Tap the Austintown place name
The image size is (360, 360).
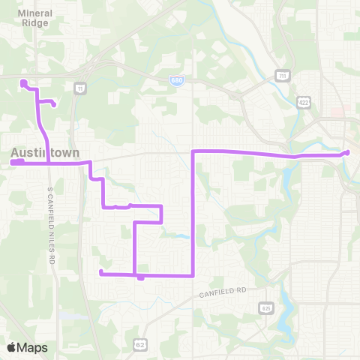45,152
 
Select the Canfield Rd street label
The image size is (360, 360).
223,291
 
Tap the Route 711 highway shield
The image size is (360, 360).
281,76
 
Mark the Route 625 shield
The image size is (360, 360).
265,307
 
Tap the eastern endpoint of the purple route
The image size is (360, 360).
347,153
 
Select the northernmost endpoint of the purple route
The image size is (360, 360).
23,82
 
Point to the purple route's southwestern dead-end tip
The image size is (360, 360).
100,271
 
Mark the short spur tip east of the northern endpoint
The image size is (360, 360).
54,105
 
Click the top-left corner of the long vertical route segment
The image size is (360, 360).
194,151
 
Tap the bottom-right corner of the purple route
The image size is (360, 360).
194,275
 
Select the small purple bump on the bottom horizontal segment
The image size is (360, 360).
141,278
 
